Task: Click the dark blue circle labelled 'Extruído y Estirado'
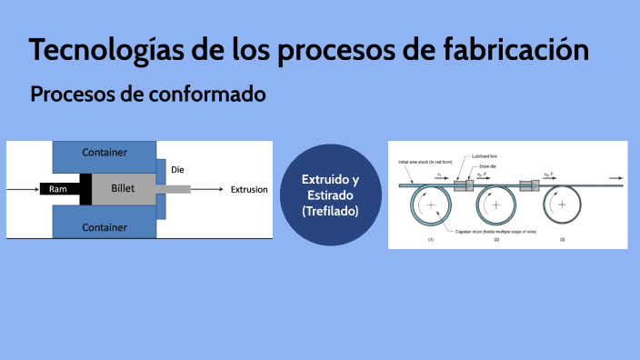pos(330,194)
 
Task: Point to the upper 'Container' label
pos(105,152)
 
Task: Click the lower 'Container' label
pos(105,226)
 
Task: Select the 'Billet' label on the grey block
pos(123,189)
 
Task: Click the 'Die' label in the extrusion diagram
pos(178,169)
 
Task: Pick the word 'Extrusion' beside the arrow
pos(249,190)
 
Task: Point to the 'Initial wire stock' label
pos(420,161)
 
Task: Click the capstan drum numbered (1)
pos(431,206)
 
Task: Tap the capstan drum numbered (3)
pos(562,205)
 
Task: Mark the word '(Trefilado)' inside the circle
pos(330,211)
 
